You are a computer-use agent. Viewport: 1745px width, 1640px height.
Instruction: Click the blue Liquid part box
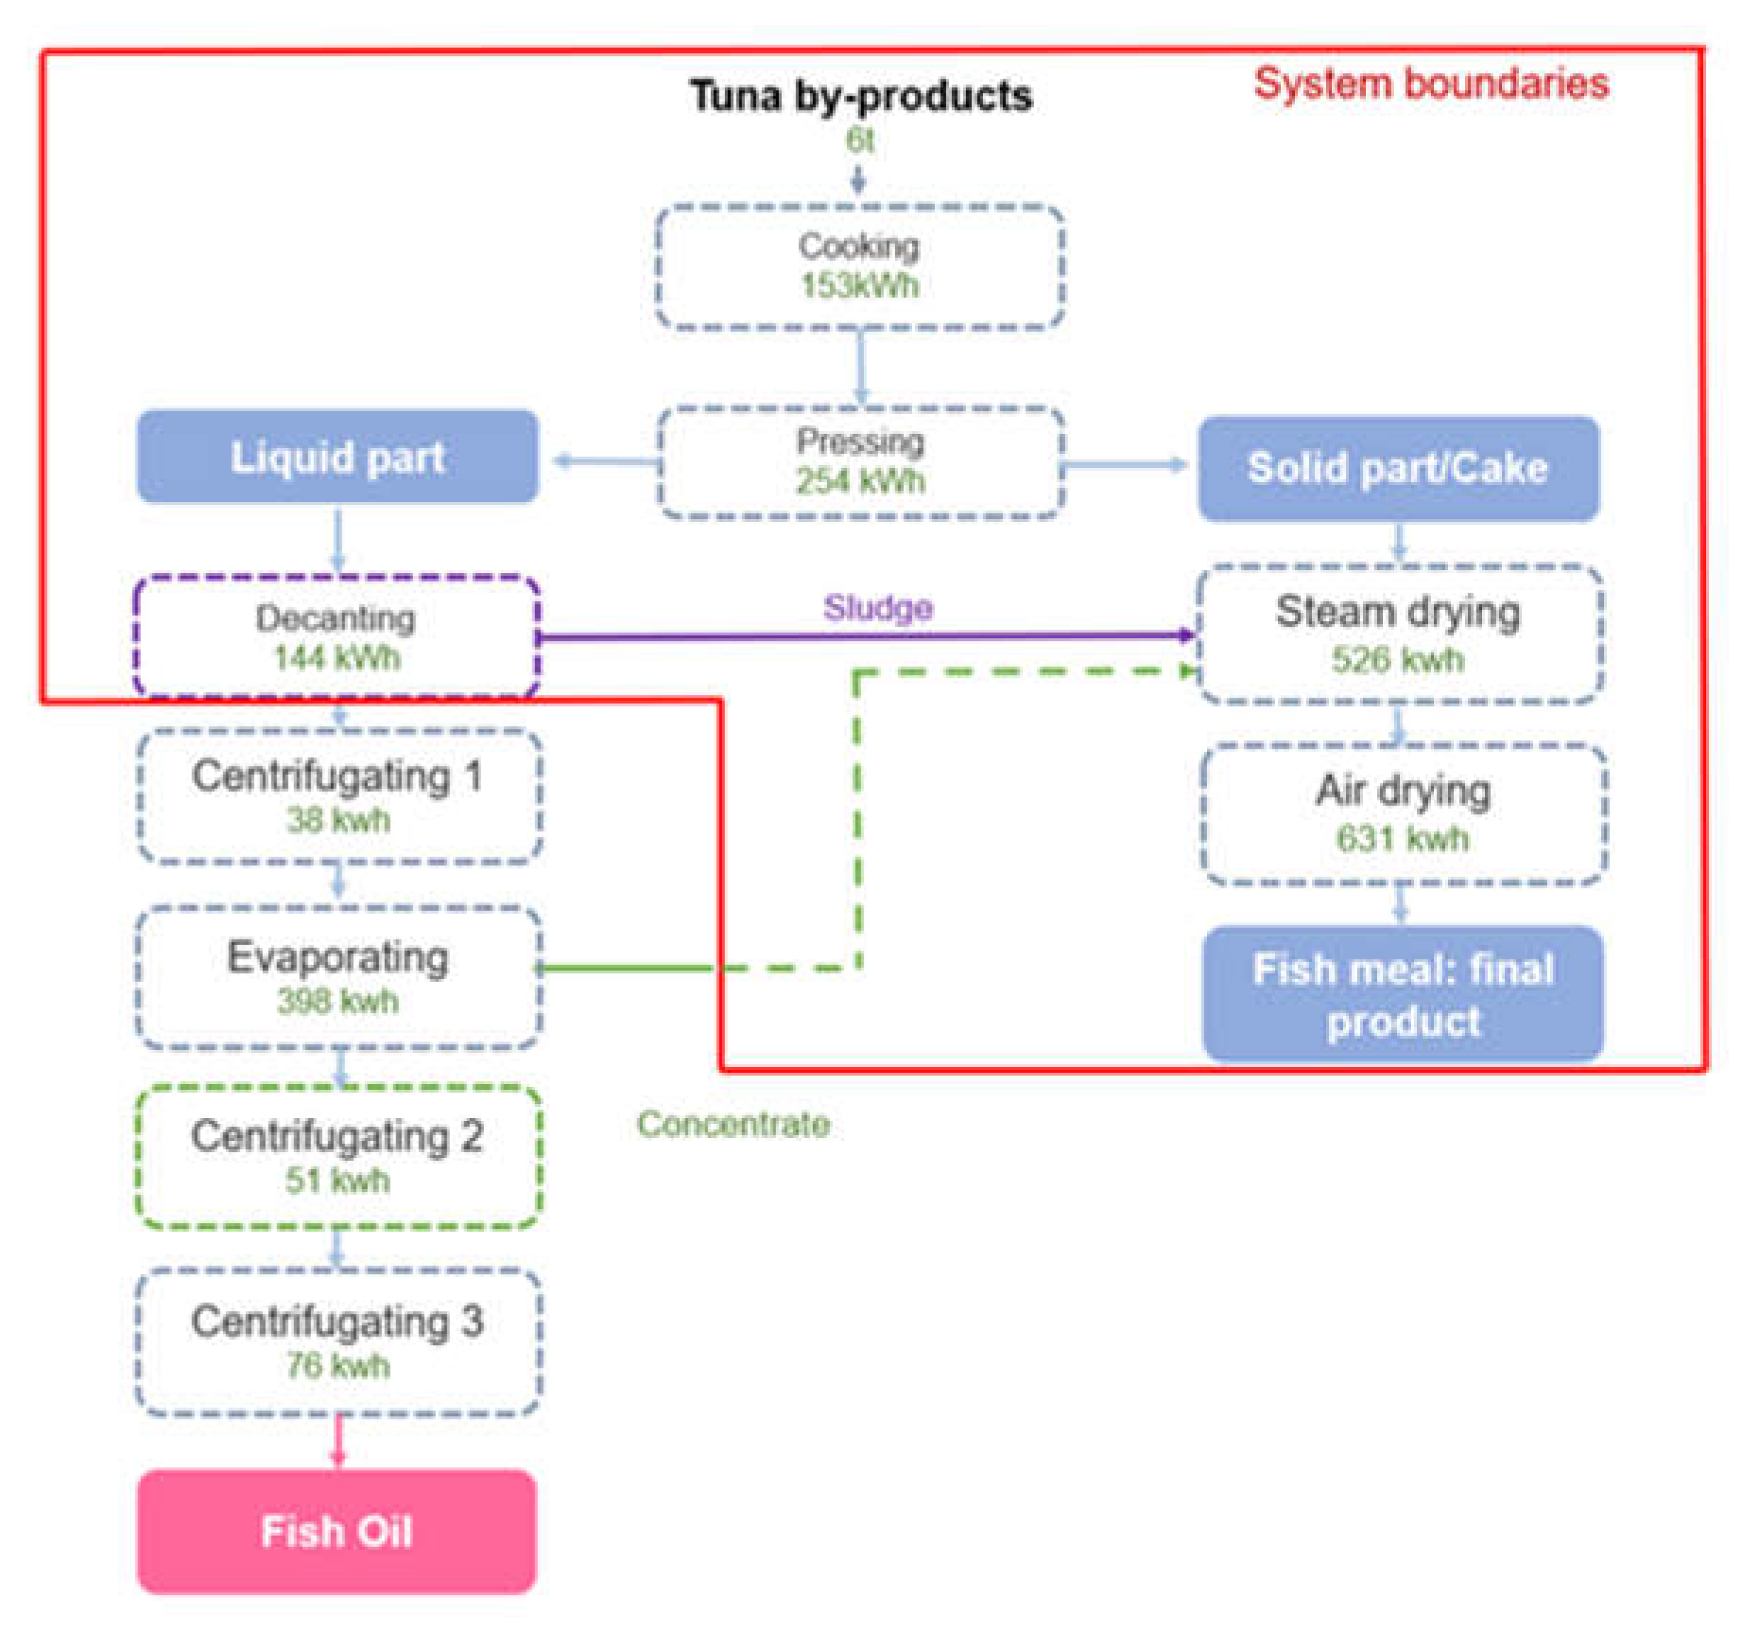tap(337, 457)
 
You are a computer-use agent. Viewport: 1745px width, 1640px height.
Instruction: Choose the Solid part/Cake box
tap(1398, 468)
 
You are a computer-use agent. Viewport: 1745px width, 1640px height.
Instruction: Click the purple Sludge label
tap(877, 608)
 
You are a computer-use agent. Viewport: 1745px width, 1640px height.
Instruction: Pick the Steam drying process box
tap(1399, 633)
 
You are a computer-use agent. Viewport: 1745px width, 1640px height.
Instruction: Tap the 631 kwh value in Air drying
tap(1402, 839)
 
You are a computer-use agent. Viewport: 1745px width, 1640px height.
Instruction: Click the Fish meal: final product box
tap(1402, 995)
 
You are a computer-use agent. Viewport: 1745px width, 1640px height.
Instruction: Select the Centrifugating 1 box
tap(338, 796)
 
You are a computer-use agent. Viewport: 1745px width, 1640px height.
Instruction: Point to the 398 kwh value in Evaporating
tap(338, 1001)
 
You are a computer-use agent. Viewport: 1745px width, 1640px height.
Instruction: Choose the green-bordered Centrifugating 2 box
tap(338, 1156)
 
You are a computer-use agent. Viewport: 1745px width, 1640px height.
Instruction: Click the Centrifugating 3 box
tap(338, 1341)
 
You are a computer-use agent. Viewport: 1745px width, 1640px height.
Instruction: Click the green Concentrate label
tap(733, 1124)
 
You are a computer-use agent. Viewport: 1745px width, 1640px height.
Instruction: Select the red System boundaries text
tap(1431, 84)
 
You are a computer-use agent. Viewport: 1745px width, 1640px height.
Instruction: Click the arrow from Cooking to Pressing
tap(860, 367)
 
